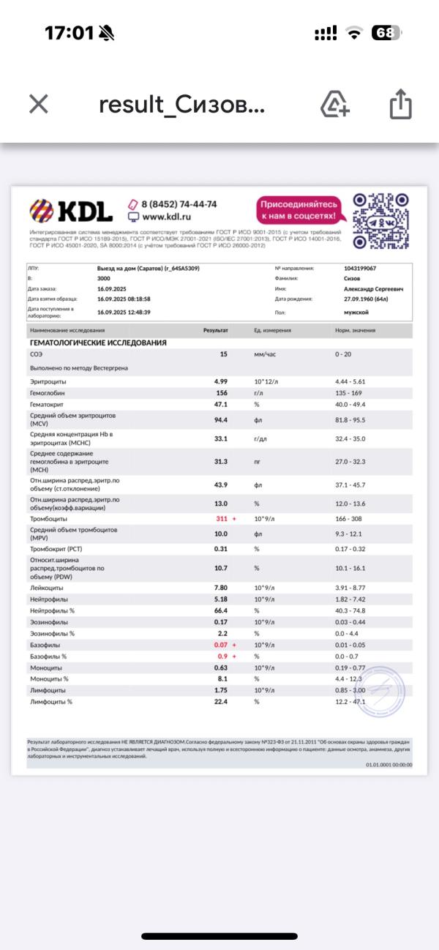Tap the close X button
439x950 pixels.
coord(39,105)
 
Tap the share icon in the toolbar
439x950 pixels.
coord(400,105)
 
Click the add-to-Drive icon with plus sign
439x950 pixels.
coord(335,105)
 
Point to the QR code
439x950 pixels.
coord(380,221)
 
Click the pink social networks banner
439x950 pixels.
coord(299,209)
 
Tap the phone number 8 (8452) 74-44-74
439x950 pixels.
coord(179,204)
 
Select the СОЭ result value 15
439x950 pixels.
coord(224,354)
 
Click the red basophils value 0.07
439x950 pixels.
coord(220,644)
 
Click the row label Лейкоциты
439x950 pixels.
coord(46,588)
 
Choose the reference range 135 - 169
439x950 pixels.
coord(350,393)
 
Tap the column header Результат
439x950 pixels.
coord(216,331)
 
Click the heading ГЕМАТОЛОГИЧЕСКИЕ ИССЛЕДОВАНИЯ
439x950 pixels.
coord(97,343)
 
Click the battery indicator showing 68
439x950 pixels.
coord(386,33)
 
